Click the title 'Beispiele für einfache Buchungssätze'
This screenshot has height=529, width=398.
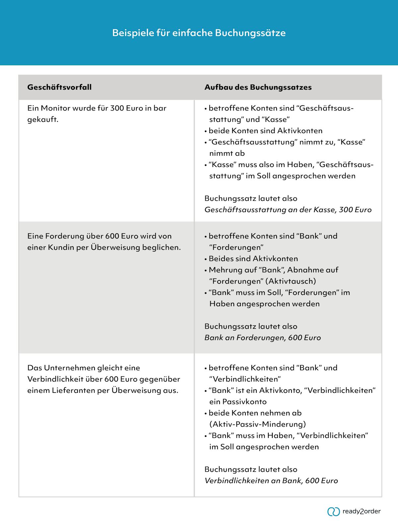click(x=199, y=33)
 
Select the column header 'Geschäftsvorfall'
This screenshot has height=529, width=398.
click(x=59, y=87)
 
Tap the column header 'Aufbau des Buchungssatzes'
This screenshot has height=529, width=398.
click(x=258, y=87)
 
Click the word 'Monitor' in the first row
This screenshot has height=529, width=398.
click(x=55, y=108)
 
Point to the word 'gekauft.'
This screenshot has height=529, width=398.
click(x=43, y=119)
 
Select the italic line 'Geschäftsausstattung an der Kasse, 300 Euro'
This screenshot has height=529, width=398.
click(x=288, y=210)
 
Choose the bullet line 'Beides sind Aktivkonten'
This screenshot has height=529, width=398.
click(x=253, y=259)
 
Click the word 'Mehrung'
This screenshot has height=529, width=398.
click(x=224, y=270)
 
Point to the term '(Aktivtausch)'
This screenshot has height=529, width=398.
click(x=291, y=281)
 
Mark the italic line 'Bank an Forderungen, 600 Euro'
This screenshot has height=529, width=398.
click(x=262, y=338)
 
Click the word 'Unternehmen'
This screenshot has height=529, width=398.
click(x=70, y=368)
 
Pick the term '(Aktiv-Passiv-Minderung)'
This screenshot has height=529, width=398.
click(x=257, y=424)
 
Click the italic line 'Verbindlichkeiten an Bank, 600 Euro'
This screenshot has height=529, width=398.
click(x=271, y=481)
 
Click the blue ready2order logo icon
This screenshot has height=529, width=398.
click(x=333, y=511)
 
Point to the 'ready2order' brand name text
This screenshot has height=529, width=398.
click(x=362, y=511)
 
